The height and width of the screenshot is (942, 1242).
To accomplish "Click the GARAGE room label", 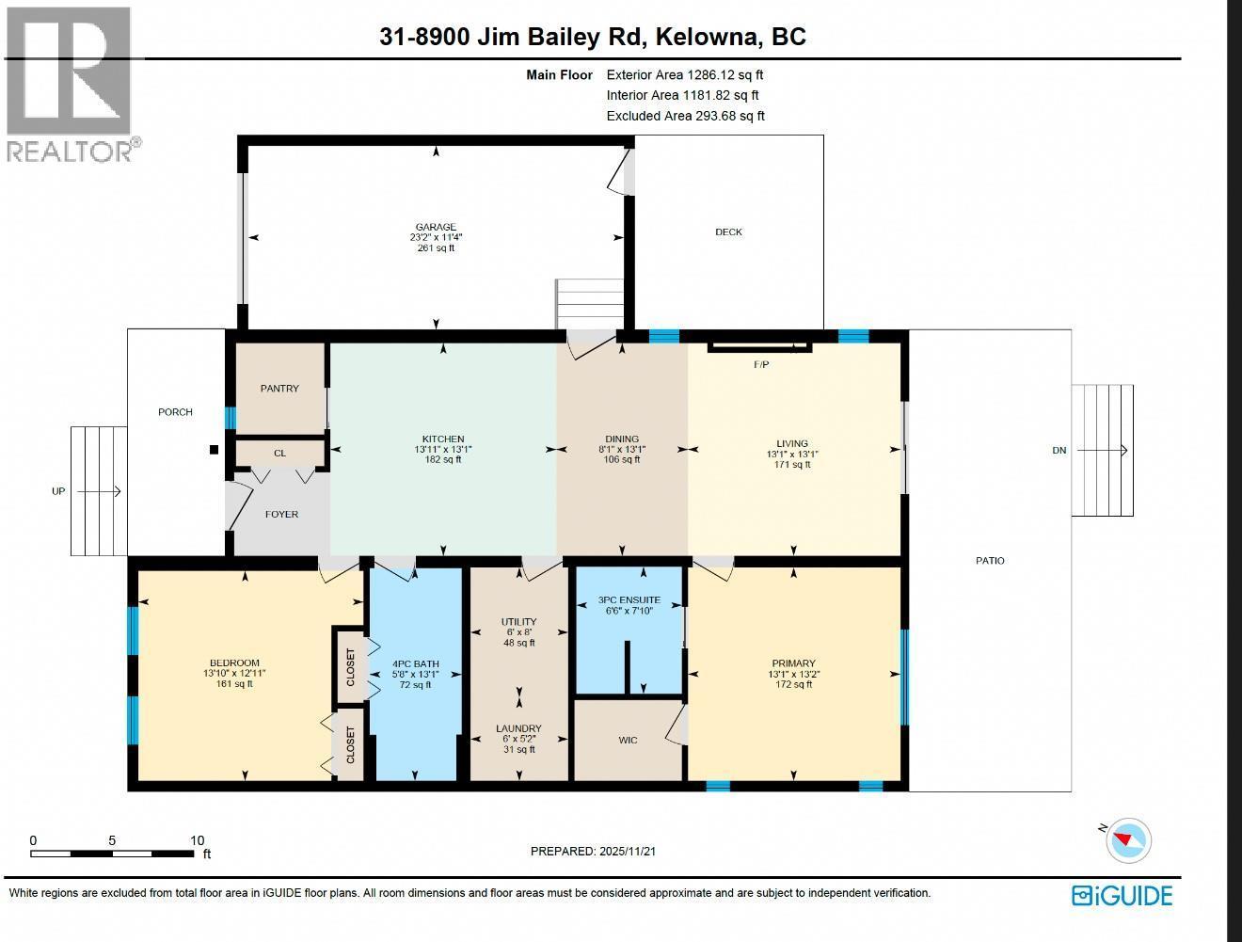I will coord(436,227).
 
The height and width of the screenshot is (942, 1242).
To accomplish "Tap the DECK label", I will coord(728,232).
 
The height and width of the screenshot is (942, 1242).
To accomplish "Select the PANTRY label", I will coord(279,388).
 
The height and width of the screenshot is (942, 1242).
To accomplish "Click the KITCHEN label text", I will coord(442,439).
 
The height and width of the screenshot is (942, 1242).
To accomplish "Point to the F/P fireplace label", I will coord(761,364).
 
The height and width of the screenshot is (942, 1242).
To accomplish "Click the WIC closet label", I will coord(628,740).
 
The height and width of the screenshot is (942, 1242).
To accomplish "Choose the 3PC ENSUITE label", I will coord(629,599).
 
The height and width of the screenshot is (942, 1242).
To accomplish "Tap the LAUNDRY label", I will coord(518,728).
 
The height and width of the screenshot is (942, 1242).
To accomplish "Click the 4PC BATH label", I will coord(415,663).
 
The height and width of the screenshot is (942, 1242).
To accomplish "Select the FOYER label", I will coord(281,514).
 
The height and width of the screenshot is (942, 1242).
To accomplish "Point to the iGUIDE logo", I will coord(1123,895).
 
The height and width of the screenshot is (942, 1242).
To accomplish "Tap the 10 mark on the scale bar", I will coord(197,840).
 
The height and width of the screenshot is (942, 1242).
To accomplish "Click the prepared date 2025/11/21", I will coord(627,851).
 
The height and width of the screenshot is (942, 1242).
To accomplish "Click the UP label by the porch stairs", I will coord(58,491).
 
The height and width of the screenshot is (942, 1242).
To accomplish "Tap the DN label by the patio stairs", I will coord(1059,450).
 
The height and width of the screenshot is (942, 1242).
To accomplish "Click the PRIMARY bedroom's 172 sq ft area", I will coord(793,684).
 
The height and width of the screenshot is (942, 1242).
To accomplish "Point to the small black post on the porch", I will coord(214,450).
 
